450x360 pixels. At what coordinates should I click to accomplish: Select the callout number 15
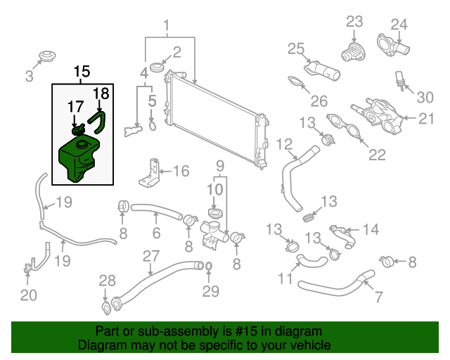coord(82,72)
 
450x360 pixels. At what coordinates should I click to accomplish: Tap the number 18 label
coord(102,94)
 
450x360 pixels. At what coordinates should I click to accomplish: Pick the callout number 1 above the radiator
coord(167,28)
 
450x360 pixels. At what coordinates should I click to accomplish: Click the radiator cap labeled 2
coord(156,66)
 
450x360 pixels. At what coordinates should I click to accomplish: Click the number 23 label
coord(354,21)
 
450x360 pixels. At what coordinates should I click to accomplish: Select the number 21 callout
coord(426,119)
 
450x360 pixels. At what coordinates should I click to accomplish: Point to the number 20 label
coord(28,295)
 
